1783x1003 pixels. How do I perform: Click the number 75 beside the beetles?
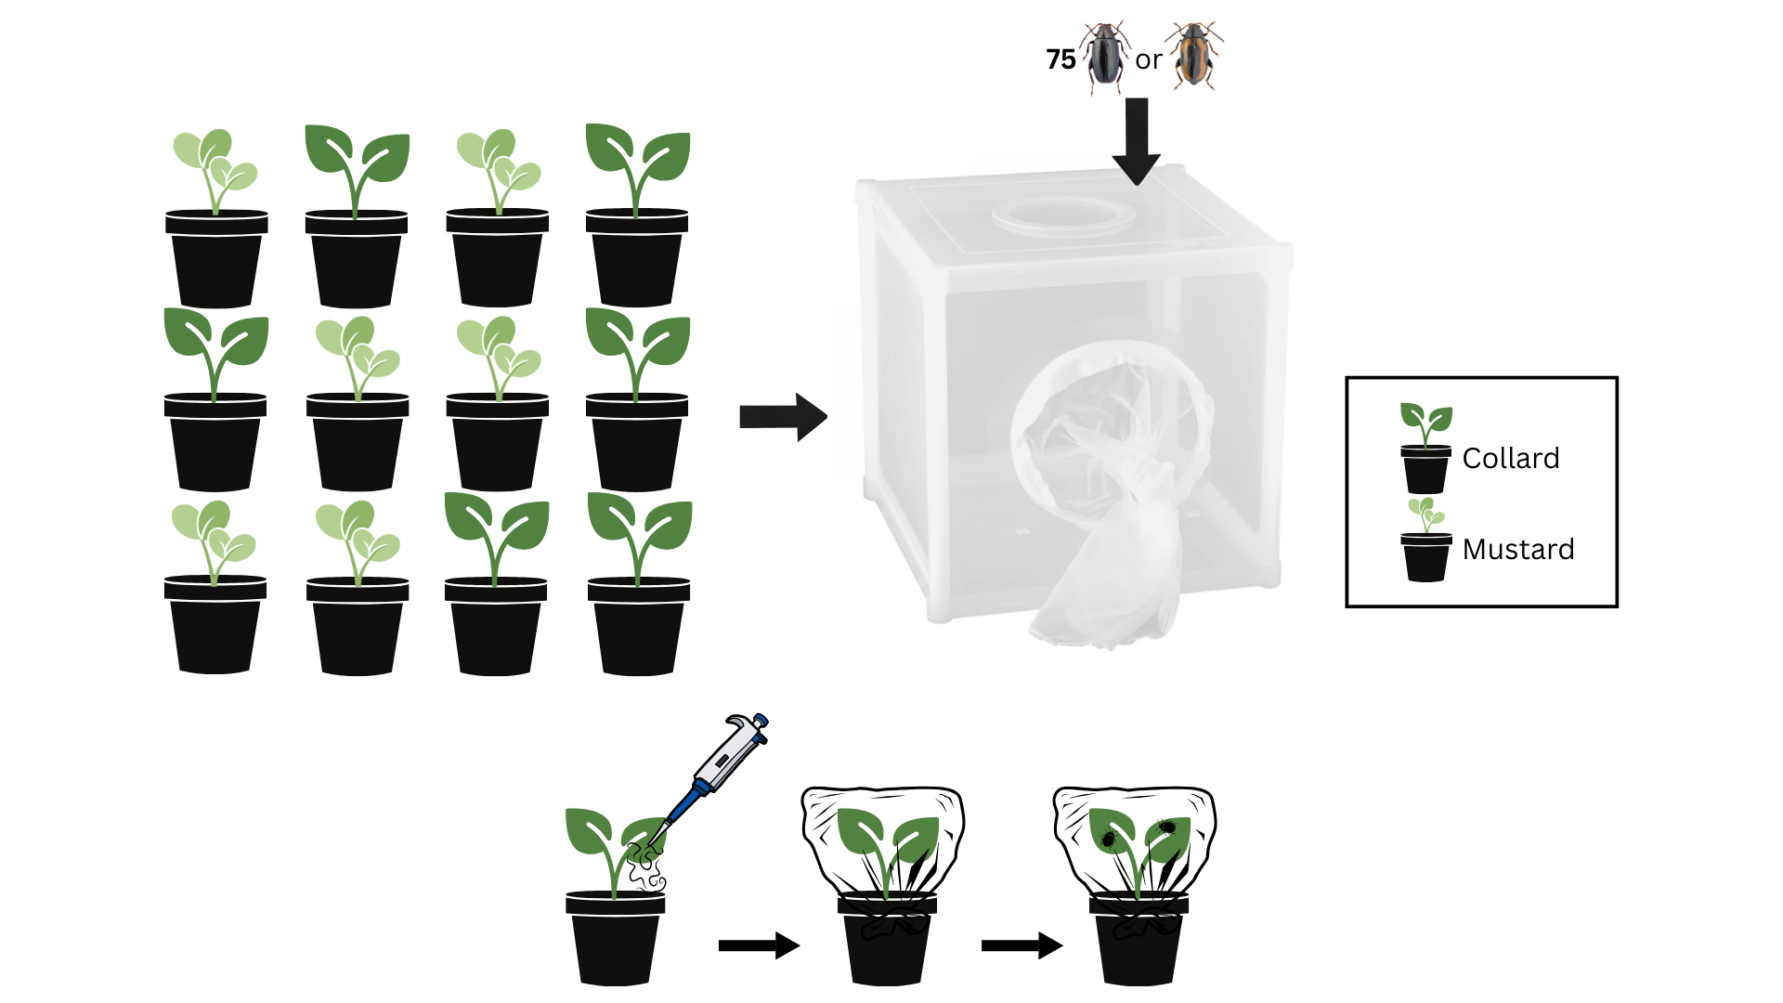pyautogui.click(x=1061, y=59)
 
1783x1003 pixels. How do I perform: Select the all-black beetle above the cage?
pyautogui.click(x=1105, y=57)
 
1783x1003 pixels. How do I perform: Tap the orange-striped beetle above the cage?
pyautogui.click(x=1194, y=56)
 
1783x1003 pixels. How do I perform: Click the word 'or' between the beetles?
pyautogui.click(x=1149, y=60)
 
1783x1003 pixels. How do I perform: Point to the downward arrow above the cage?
pyautogui.click(x=1137, y=139)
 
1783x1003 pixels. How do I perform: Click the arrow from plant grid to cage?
pyautogui.click(x=782, y=417)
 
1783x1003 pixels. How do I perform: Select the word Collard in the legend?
pyautogui.click(x=1510, y=458)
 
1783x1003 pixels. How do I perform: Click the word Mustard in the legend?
pyautogui.click(x=1517, y=549)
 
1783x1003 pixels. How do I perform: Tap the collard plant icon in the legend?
pyautogui.click(x=1425, y=448)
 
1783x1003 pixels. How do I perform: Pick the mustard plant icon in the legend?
pyautogui.click(x=1425, y=540)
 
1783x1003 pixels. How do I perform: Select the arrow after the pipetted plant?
pyautogui.click(x=758, y=945)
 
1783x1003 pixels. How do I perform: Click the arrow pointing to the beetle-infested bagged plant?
pyautogui.click(x=1021, y=945)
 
